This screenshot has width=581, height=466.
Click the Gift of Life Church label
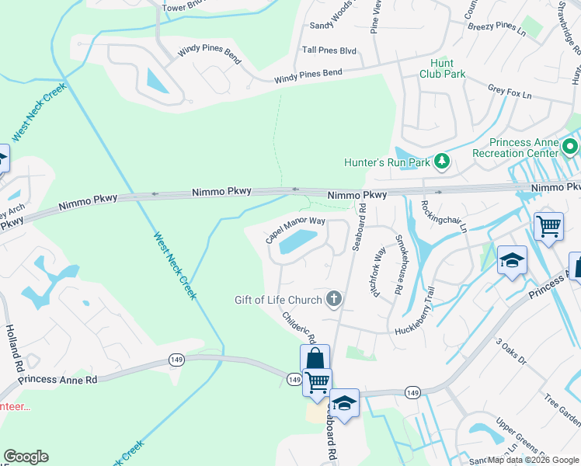coord(278,300)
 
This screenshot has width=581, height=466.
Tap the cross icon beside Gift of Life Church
coord(334,299)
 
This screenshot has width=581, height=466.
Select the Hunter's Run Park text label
coord(387,162)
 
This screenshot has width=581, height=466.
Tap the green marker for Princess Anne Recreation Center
coord(571,146)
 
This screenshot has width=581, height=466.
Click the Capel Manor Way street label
coord(294,229)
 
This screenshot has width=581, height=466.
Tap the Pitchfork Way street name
coord(378,270)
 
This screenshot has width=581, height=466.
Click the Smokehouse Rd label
coord(399,263)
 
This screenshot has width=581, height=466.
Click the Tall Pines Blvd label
coord(329,50)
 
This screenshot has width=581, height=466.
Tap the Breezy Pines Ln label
coord(497,26)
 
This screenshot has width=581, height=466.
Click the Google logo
coord(26,457)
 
